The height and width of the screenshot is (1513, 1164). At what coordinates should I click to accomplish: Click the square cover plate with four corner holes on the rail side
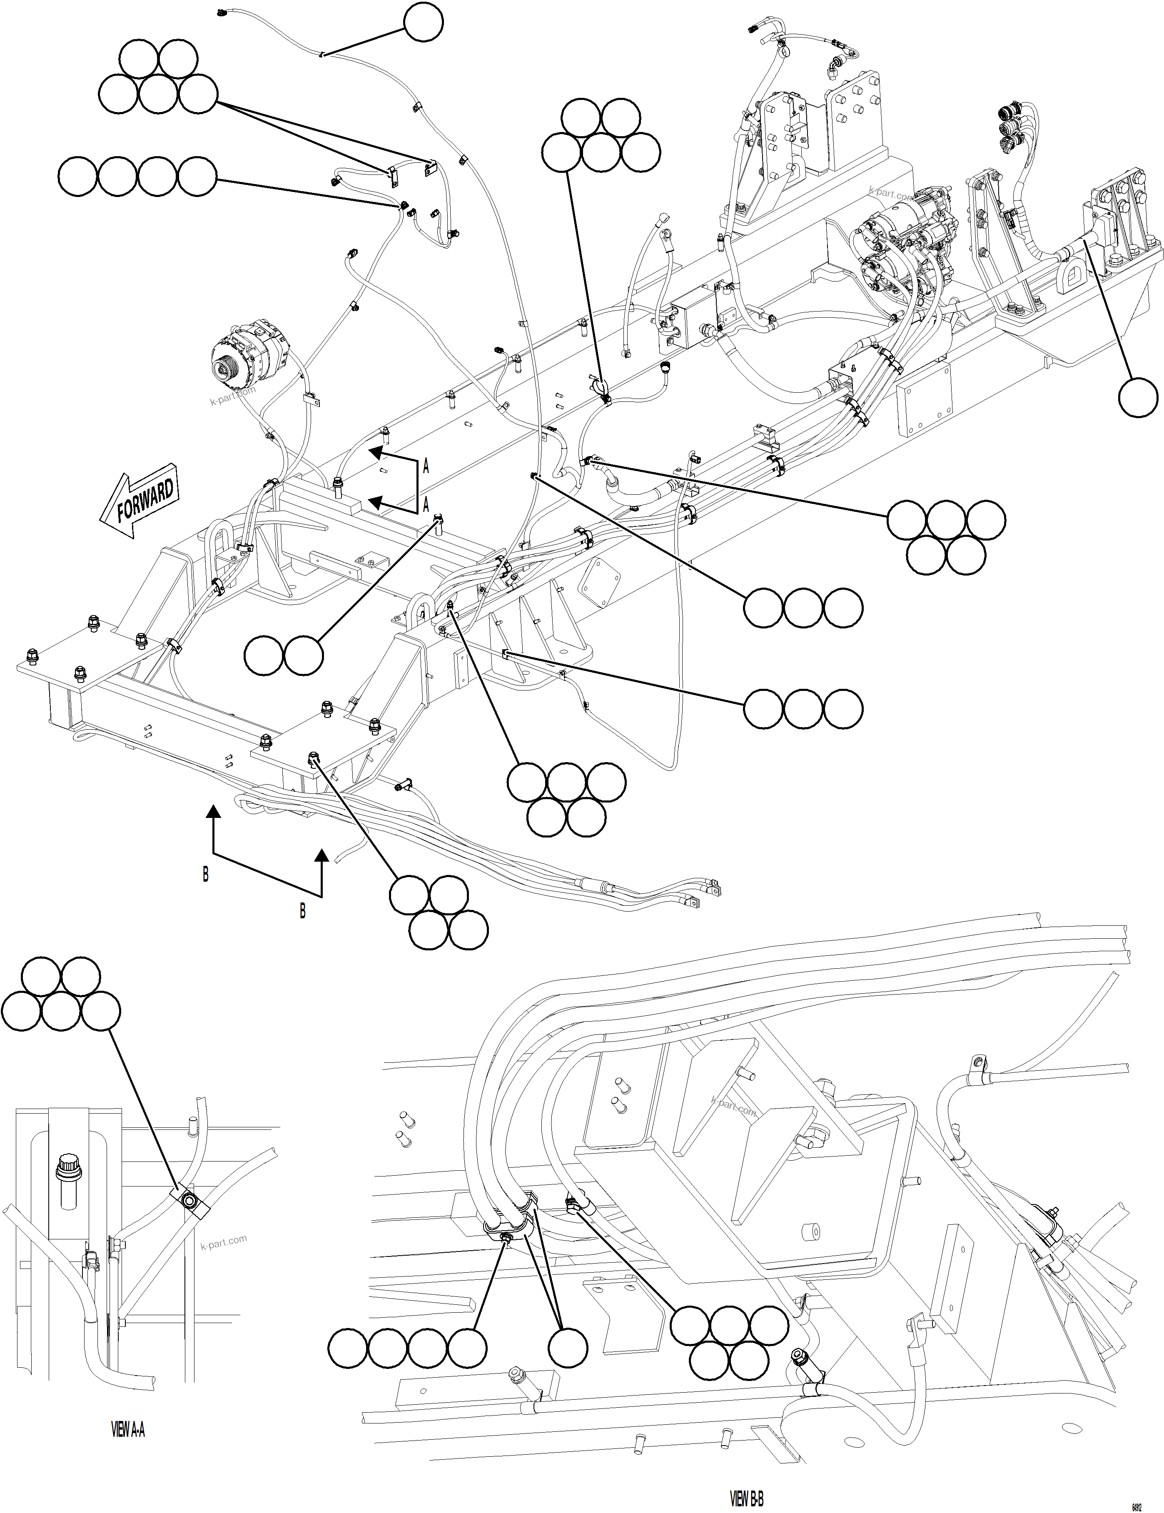tap(924, 400)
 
